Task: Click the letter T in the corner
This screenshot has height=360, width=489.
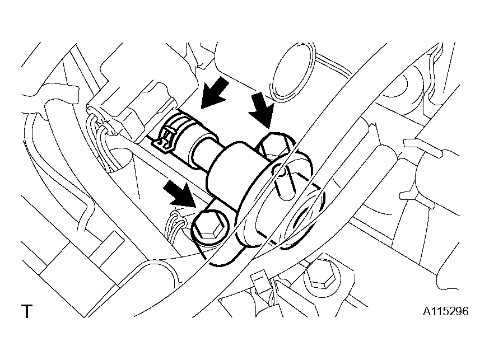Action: click(27, 311)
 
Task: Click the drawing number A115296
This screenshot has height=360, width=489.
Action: click(446, 311)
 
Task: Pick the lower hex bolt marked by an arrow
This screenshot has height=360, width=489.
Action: click(210, 227)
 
